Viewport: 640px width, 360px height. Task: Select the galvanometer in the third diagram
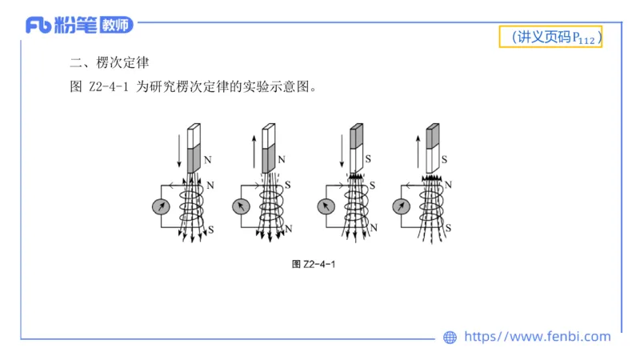click(x=326, y=206)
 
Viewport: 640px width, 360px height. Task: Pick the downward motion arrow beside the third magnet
click(x=341, y=148)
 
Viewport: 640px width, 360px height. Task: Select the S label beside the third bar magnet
click(x=368, y=159)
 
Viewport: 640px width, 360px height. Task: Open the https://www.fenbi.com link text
click(x=537, y=337)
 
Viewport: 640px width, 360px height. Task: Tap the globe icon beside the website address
click(x=450, y=338)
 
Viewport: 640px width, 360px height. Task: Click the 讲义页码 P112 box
click(x=550, y=37)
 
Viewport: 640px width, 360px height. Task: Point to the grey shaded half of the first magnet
click(x=194, y=159)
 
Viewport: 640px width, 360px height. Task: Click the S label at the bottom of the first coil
click(x=211, y=230)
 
